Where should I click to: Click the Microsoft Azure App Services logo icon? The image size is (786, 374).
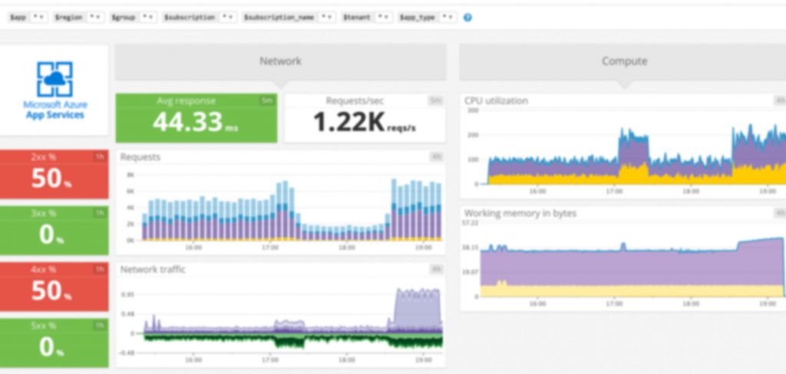(x=54, y=80)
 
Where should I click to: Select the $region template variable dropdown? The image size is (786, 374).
(x=95, y=17)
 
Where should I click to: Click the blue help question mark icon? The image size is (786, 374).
(x=467, y=17)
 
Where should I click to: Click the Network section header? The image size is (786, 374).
(x=280, y=61)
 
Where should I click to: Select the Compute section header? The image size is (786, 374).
(x=624, y=61)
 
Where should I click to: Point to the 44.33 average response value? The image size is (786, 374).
(x=189, y=121)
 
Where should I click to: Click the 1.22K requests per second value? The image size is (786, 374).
(x=349, y=121)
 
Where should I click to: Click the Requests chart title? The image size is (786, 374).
(x=140, y=157)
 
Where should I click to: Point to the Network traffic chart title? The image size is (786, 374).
(x=153, y=270)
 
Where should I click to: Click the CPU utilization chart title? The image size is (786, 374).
(x=496, y=101)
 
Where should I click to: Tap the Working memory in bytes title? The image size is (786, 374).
(x=520, y=213)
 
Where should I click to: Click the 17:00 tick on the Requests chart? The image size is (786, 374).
(x=269, y=248)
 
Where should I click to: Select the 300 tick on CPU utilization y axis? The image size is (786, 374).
(x=473, y=111)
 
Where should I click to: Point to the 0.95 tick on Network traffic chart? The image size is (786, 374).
(x=128, y=294)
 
